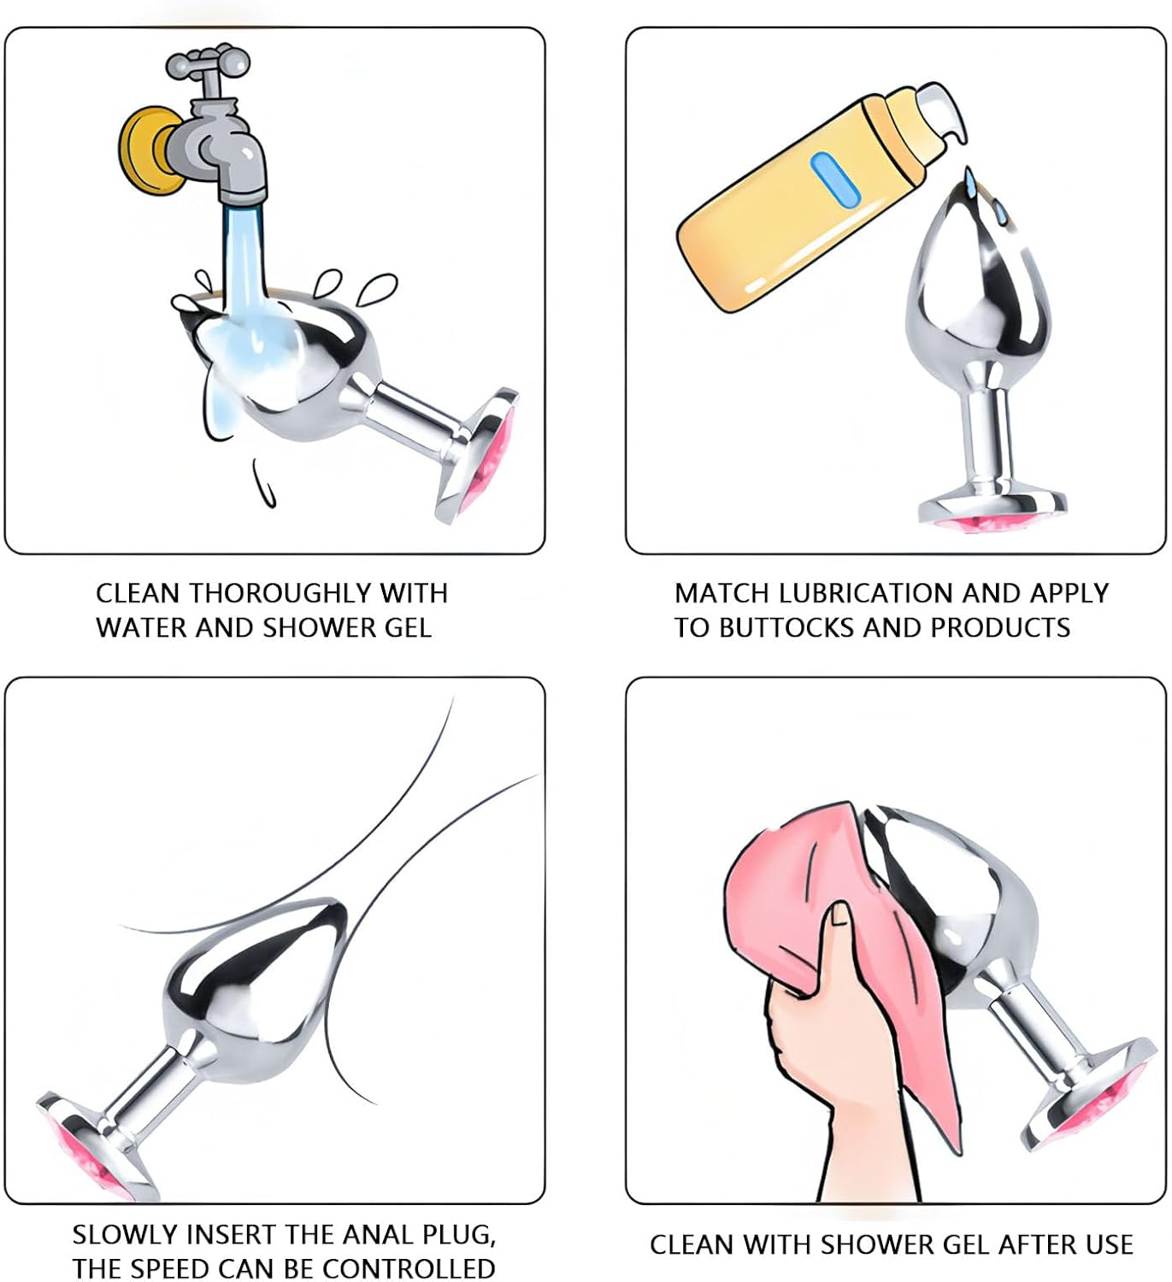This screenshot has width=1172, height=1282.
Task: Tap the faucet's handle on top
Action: click(207, 62)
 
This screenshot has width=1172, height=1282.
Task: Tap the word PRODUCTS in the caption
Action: click(999, 628)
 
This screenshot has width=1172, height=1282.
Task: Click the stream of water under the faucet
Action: click(243, 268)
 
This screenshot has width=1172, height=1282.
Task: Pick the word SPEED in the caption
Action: click(168, 1268)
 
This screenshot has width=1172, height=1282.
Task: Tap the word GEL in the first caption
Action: click(407, 628)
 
